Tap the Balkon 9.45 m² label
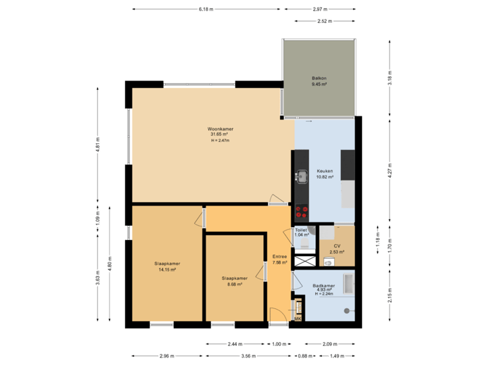pyautogui.click(x=319, y=82)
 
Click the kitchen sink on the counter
pyautogui.click(x=301, y=177)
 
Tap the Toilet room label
pyautogui.click(x=301, y=232)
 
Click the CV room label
pyautogui.click(x=336, y=249)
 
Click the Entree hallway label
pyautogui.click(x=279, y=259)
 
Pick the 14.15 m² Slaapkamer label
pyautogui.click(x=165, y=266)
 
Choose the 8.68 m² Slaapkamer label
pyautogui.click(x=234, y=281)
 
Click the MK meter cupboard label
pyautogui.click(x=298, y=318)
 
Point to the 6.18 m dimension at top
pyautogui.click(x=206, y=9)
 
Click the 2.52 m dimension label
pyautogui.click(x=325, y=22)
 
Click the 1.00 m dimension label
pyautogui.click(x=279, y=343)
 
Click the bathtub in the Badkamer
pyautogui.click(x=349, y=284)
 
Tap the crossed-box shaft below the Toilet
pyautogui.click(x=305, y=260)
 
